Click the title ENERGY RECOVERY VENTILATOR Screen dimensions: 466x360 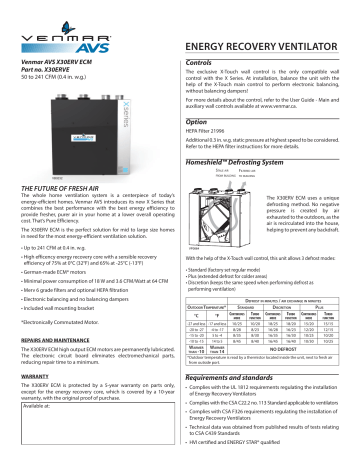pyautogui.click(x=265, y=46)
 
